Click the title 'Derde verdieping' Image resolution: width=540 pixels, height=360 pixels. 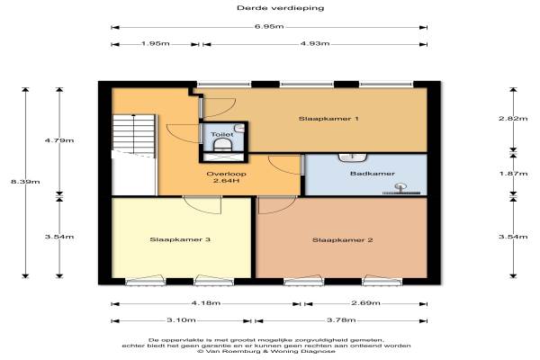(280, 8)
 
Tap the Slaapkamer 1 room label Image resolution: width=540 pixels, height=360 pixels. (328, 119)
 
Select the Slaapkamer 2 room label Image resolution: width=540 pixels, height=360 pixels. (343, 239)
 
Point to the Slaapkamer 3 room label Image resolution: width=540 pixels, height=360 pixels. (180, 239)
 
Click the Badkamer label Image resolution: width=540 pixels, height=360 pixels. (373, 174)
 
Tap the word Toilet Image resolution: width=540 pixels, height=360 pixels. (222, 134)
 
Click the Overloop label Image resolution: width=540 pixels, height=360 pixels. (226, 174)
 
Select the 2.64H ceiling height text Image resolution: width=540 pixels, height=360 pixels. (226, 181)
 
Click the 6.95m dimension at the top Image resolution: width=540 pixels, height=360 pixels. (269, 26)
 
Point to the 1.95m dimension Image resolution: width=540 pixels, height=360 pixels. (156, 44)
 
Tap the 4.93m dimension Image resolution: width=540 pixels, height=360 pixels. (315, 43)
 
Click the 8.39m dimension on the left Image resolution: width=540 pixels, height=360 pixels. (25, 182)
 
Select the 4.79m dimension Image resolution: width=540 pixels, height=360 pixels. (59, 140)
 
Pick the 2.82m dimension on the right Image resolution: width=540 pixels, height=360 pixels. (513, 119)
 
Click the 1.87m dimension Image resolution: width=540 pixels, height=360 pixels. (514, 174)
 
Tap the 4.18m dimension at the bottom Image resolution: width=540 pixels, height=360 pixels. (206, 303)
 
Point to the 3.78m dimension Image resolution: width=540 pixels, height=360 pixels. (341, 320)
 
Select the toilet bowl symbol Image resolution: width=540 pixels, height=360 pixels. (223, 146)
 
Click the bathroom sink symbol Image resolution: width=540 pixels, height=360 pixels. (353, 157)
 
